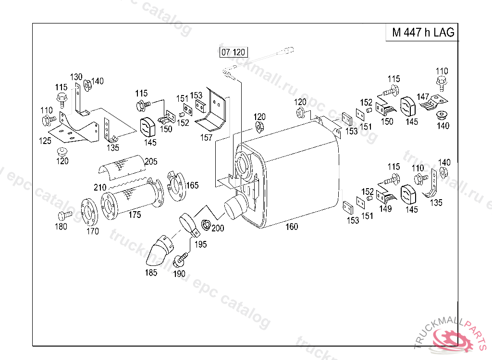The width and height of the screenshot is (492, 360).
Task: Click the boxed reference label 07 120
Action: click(x=233, y=52)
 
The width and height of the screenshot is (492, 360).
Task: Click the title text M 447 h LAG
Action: click(x=423, y=32)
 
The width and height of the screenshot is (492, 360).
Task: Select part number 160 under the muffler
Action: click(x=292, y=227)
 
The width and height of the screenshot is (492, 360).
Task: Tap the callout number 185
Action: click(x=151, y=272)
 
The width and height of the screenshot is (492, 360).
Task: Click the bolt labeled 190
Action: click(x=181, y=258)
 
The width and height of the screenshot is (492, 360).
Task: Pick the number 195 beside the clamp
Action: click(x=200, y=244)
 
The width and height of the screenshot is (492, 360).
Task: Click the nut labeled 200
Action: click(x=206, y=224)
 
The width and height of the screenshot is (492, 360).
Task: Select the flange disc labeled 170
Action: click(x=89, y=212)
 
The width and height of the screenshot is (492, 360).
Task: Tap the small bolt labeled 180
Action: click(x=65, y=216)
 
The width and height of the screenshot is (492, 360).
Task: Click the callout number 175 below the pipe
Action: click(x=135, y=215)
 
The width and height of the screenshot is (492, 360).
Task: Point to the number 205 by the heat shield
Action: click(x=151, y=161)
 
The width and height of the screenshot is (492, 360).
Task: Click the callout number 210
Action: click(x=100, y=188)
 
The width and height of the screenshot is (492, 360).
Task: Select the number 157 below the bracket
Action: click(x=206, y=137)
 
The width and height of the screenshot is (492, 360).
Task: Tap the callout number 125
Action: click(x=45, y=141)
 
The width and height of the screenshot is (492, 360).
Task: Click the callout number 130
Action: click(x=76, y=77)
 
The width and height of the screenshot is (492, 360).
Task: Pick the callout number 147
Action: click(x=423, y=96)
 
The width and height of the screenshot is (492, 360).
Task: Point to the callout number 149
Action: click(x=385, y=208)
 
